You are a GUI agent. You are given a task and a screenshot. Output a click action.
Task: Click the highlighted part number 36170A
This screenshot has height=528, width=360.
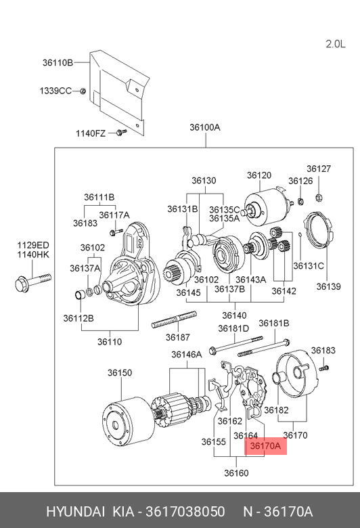point(265,446)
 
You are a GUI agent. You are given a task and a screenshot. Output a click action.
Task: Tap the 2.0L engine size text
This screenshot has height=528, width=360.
point(336,44)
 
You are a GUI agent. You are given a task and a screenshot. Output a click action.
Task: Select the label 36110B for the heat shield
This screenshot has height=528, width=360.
point(58,63)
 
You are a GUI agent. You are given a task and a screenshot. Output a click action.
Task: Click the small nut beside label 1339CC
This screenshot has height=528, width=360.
point(83,91)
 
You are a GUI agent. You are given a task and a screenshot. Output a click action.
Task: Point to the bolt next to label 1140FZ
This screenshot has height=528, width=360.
point(121,132)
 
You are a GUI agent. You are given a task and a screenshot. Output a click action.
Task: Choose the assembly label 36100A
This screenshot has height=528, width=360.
point(205,127)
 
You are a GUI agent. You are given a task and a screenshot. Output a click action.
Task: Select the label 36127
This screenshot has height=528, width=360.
point(319,169)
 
